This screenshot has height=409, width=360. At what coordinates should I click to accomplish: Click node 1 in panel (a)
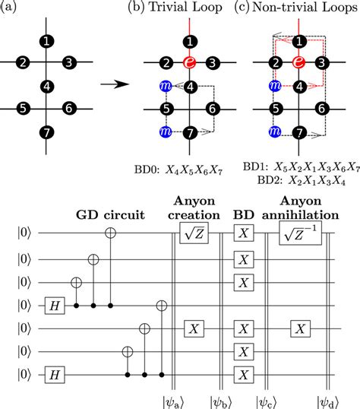(46, 41)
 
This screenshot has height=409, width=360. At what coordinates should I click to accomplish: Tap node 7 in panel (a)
(46, 132)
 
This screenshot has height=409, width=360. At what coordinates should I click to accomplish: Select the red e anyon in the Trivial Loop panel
(190, 62)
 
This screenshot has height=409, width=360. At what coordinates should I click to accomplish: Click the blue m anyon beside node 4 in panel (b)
(166, 86)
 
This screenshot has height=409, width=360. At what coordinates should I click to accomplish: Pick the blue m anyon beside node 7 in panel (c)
(275, 132)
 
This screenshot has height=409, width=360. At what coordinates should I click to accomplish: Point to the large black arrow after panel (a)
(115, 84)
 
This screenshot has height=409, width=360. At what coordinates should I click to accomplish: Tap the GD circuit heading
(110, 215)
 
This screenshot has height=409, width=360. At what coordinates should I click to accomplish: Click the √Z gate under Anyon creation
(194, 233)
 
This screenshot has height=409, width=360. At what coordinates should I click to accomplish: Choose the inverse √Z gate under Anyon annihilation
(300, 233)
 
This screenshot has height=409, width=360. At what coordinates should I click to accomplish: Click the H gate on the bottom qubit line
(55, 375)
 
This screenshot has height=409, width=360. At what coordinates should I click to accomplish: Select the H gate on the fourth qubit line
(55, 306)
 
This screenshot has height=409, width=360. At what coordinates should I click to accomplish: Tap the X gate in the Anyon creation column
(194, 328)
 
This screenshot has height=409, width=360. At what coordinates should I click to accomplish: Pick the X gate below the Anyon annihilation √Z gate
(300, 328)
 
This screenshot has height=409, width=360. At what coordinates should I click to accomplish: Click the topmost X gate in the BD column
(244, 233)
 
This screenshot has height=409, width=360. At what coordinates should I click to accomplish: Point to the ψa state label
(173, 402)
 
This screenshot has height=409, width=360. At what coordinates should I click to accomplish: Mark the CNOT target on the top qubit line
(110, 233)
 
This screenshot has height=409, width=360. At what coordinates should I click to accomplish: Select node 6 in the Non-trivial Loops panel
(321, 108)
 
